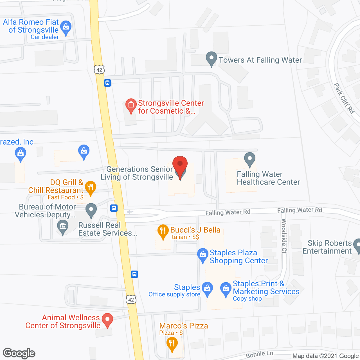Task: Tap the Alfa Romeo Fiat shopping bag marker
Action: coord(66,27)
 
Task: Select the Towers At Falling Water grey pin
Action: coord(211,58)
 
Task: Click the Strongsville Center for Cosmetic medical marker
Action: coord(131,105)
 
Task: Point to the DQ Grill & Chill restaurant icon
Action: coord(90,187)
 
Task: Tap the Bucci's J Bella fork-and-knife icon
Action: coord(163,231)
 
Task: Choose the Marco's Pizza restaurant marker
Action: coord(172,344)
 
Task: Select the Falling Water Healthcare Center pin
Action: coord(249,159)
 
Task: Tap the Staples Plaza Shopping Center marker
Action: coord(203,255)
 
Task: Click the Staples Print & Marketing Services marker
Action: coord(226,289)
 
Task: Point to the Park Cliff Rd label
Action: coord(344,98)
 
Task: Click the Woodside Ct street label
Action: coord(284,236)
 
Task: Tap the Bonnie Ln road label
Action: coord(259,354)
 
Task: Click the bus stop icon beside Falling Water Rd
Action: coord(114,208)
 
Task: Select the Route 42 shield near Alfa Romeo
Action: coord(99,70)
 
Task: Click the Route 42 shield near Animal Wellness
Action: coord(131,300)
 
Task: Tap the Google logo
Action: coord(19,353)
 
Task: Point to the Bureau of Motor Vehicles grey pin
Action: coord(91,210)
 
